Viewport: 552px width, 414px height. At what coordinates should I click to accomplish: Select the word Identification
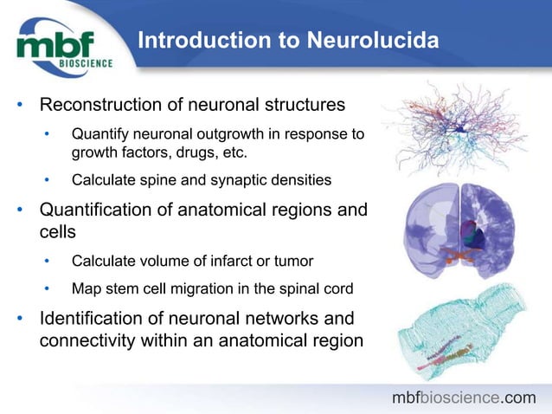(x=99, y=318)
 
